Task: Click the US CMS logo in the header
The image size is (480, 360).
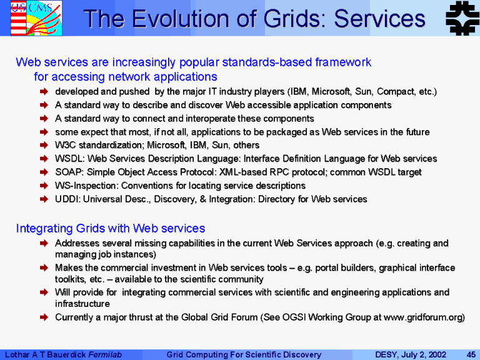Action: click(x=36, y=18)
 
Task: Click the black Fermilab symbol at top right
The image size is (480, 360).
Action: click(x=462, y=17)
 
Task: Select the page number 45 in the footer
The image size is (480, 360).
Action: click(x=471, y=354)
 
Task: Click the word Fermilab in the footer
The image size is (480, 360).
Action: click(x=105, y=354)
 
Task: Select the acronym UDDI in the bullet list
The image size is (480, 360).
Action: click(x=67, y=199)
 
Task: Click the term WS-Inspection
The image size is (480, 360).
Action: click(x=87, y=186)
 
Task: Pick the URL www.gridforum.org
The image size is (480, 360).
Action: click(x=422, y=317)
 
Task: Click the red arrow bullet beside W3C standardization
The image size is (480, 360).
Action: click(x=44, y=145)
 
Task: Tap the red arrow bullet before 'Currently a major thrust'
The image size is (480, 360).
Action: click(x=44, y=317)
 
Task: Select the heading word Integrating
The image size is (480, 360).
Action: click(x=44, y=228)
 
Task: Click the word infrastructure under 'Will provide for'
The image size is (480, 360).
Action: click(x=82, y=304)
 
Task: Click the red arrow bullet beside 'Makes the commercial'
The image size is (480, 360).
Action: click(x=44, y=268)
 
